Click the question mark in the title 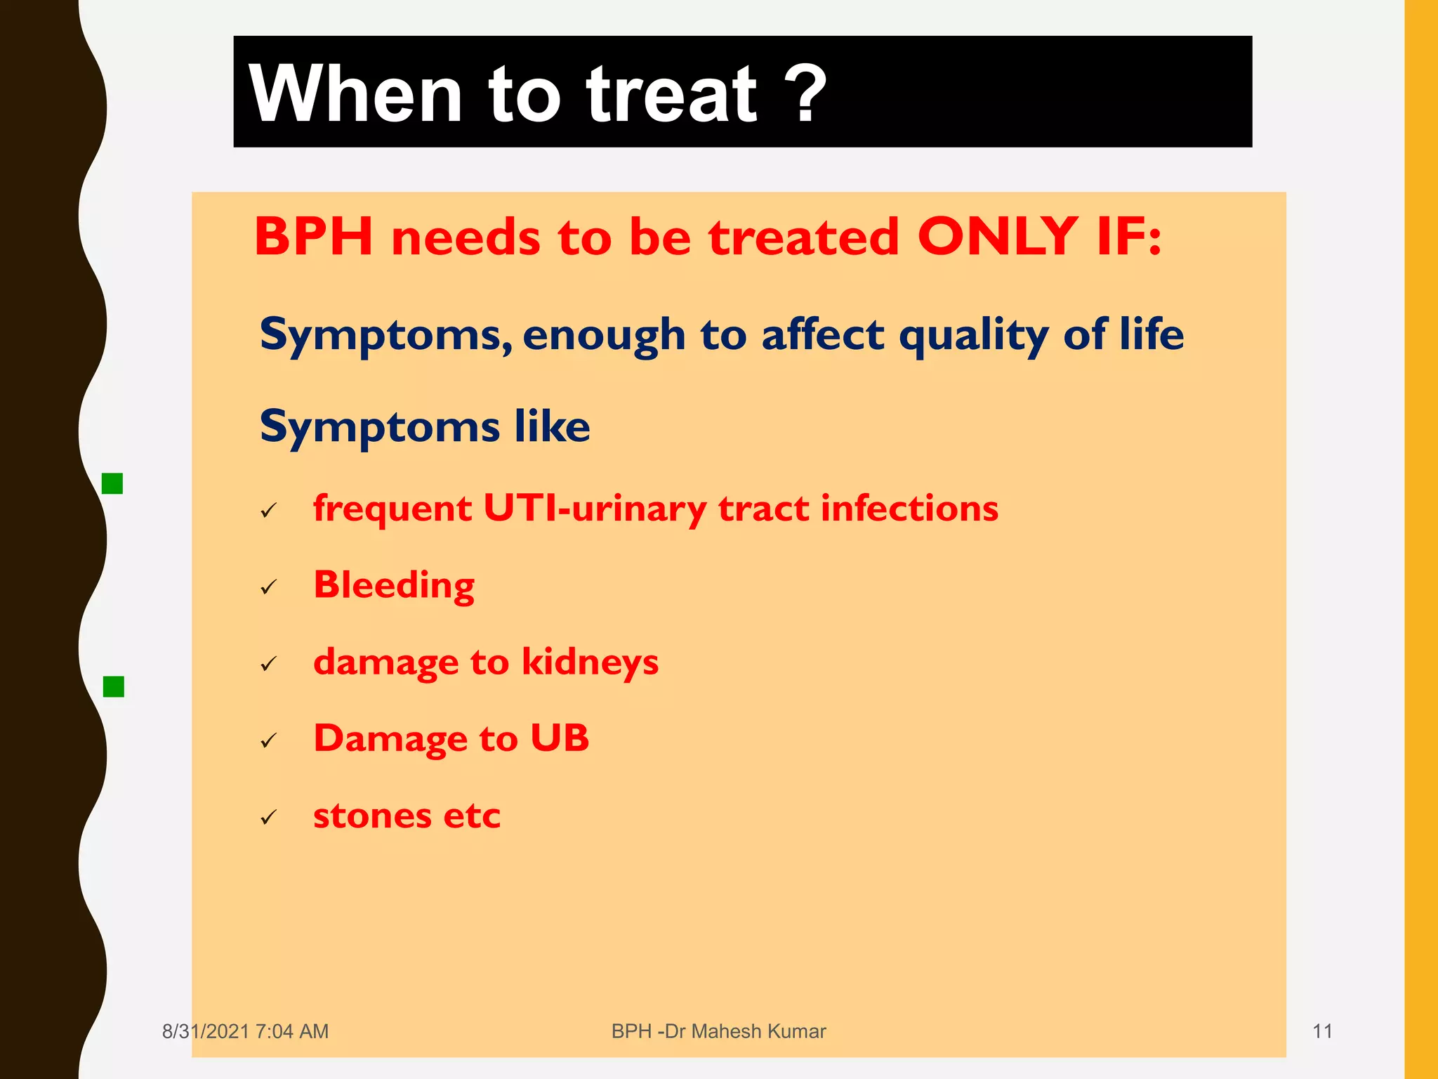(x=802, y=94)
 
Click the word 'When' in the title (x=355, y=94)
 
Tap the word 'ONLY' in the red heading (x=997, y=236)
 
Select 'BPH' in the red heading (x=313, y=237)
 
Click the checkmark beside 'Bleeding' (x=269, y=587)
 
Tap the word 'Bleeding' (x=394, y=585)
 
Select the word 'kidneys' (x=590, y=662)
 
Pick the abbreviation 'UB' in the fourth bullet (x=560, y=738)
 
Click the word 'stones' (x=372, y=816)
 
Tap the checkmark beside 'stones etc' (x=269, y=817)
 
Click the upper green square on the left (x=112, y=483)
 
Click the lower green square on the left (x=113, y=686)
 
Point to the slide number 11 (x=1322, y=1031)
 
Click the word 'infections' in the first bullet (x=909, y=509)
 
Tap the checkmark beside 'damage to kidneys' (x=269, y=663)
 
